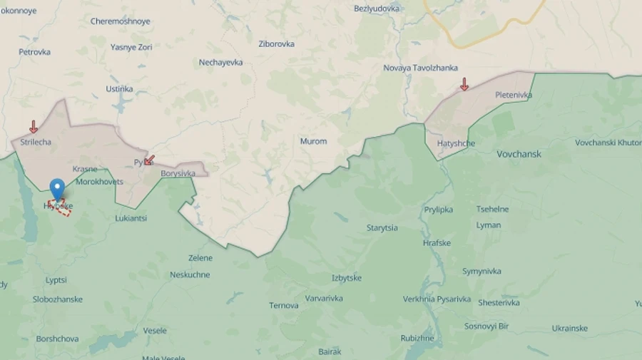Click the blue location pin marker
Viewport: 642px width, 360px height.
point(57,189)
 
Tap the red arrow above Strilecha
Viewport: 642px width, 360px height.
point(33,127)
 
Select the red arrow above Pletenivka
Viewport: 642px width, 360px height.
point(464,84)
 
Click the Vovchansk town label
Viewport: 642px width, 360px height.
point(519,154)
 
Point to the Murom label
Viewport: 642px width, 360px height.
point(313,141)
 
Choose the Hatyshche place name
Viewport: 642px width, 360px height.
point(456,143)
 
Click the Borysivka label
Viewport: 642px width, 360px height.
point(178,173)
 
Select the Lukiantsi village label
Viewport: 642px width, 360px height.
point(131,218)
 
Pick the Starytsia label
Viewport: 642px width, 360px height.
point(382,228)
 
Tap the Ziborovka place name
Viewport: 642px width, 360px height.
point(276,43)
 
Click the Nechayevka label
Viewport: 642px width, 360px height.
point(220,62)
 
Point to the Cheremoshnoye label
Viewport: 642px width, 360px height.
point(120,21)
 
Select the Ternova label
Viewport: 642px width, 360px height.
point(284,306)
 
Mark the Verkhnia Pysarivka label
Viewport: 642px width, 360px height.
point(437,299)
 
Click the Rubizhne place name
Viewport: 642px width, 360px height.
point(417,338)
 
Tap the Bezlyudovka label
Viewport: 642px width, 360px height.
point(377,9)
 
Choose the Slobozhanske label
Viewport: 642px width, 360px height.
point(58,299)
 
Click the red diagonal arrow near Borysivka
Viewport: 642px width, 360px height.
point(149,160)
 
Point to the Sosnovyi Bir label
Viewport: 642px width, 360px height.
point(486,326)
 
